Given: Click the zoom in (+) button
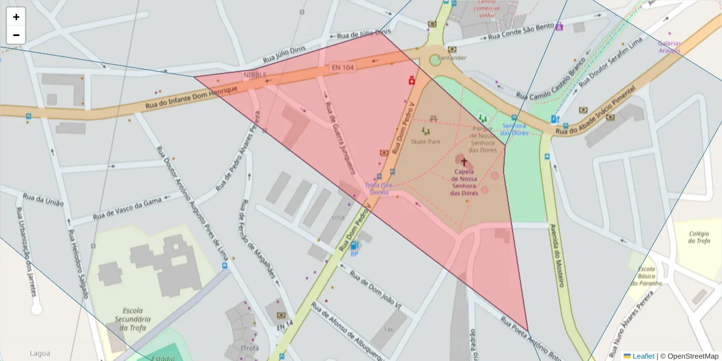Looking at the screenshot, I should pos(16,17).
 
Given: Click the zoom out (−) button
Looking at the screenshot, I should pos(16,35).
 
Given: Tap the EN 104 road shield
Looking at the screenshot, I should pos(342,69).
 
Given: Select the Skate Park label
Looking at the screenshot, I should pos(425,141).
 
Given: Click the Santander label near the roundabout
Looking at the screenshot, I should pos(452,58).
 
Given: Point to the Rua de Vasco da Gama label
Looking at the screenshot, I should pos(128,208).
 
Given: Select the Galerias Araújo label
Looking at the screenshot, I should pos(669,47).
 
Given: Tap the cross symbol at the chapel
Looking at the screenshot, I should pos(464,162).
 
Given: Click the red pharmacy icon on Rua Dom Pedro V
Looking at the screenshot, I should pos(412,79).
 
